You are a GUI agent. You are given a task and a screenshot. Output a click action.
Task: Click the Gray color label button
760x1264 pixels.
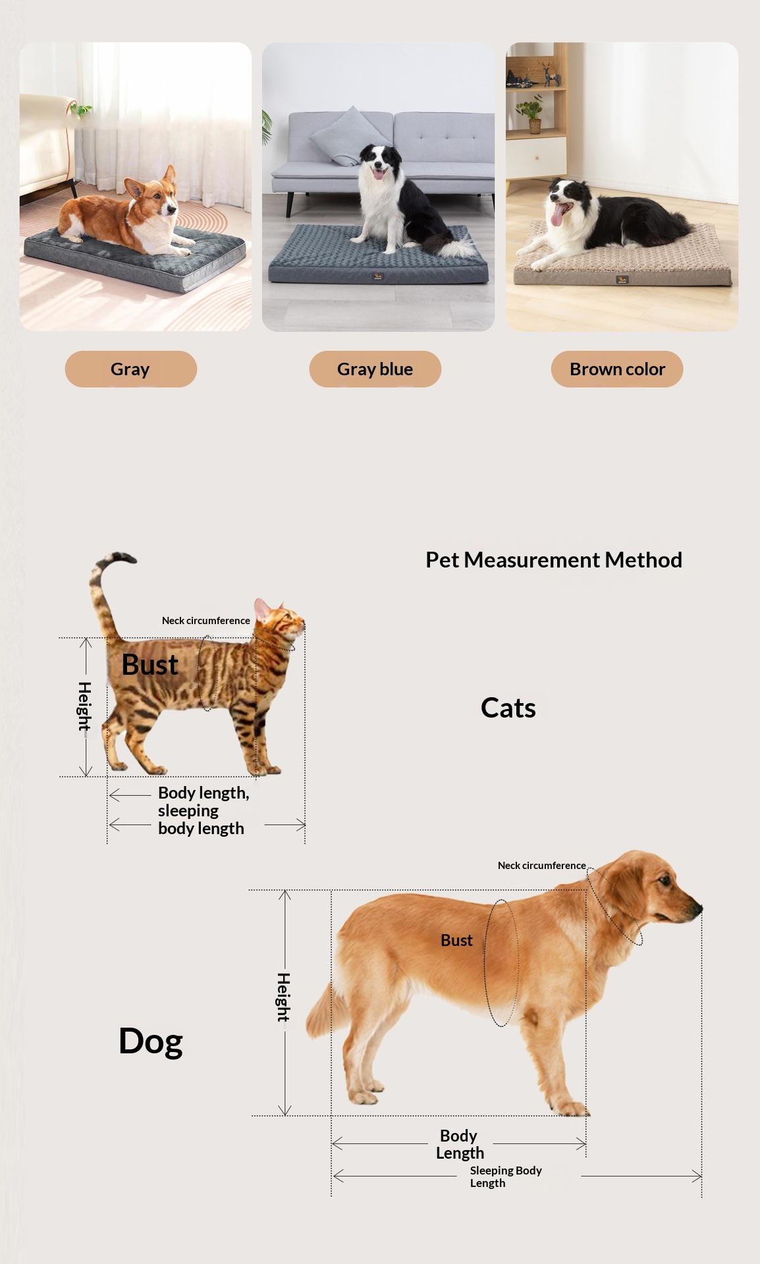[130, 369]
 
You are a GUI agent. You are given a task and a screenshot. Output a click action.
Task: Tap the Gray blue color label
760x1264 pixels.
[375, 369]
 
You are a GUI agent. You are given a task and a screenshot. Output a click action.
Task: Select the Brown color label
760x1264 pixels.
[617, 369]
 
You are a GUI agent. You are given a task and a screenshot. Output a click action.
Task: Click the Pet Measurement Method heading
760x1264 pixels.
[554, 560]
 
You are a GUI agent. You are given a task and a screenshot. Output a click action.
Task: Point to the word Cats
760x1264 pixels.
[508, 708]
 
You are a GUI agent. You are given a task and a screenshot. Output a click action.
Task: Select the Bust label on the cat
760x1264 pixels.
[150, 665]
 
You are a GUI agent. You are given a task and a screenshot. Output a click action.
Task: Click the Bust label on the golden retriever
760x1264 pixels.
[456, 940]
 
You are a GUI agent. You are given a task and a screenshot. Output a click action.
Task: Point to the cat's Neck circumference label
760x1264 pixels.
[206, 620]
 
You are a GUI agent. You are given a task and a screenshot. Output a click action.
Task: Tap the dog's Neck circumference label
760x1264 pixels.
[541, 865]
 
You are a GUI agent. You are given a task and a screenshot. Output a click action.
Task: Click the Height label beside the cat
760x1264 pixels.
[84, 706]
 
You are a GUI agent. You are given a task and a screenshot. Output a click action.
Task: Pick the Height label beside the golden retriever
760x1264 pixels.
[283, 997]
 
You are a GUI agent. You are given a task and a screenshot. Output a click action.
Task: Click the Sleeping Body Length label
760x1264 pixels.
[506, 1176]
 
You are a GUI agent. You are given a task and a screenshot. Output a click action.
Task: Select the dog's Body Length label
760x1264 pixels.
[460, 1144]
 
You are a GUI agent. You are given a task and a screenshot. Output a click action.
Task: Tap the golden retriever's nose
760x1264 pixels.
[697, 908]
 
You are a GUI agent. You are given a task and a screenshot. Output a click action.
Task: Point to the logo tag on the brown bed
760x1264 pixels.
[622, 280]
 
